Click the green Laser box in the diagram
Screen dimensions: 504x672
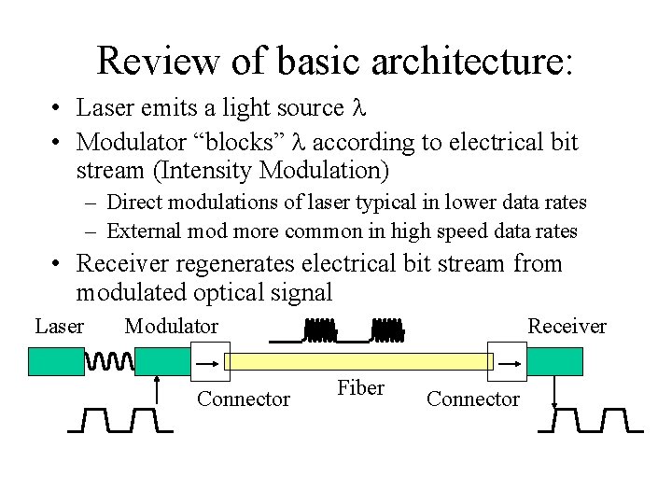pyautogui.click(x=56, y=361)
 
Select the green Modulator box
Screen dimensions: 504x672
pyautogui.click(x=163, y=361)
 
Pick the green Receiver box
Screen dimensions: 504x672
pyautogui.click(x=554, y=361)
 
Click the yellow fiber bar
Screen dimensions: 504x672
pyautogui.click(x=358, y=361)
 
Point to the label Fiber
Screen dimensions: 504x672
pyautogui.click(x=360, y=388)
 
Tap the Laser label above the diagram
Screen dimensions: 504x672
pyautogui.click(x=59, y=326)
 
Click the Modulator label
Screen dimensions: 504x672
pyautogui.click(x=171, y=326)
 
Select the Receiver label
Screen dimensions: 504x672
pyautogui.click(x=567, y=326)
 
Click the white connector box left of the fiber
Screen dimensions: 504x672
pyautogui.click(x=209, y=361)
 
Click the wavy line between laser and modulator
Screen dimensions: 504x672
pyautogui.click(x=109, y=360)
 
